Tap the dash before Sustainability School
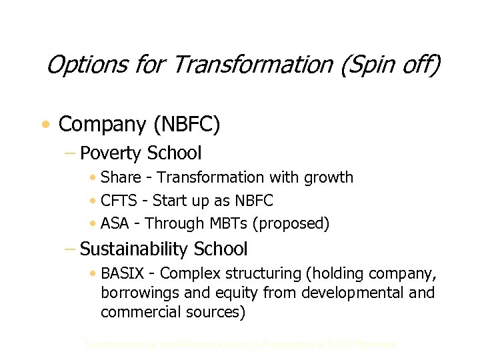coord(70,249)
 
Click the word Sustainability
coord(134,249)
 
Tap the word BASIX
coord(123,273)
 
